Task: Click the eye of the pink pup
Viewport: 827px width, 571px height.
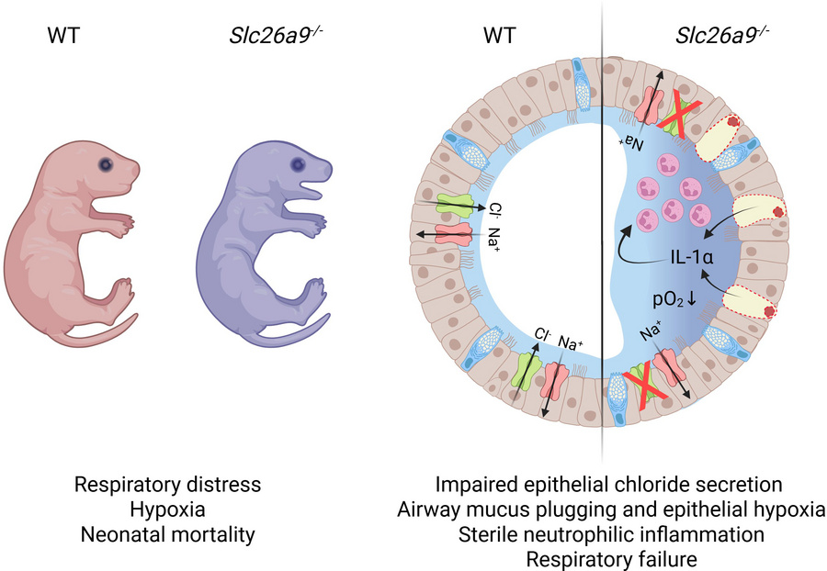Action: click(107, 165)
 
